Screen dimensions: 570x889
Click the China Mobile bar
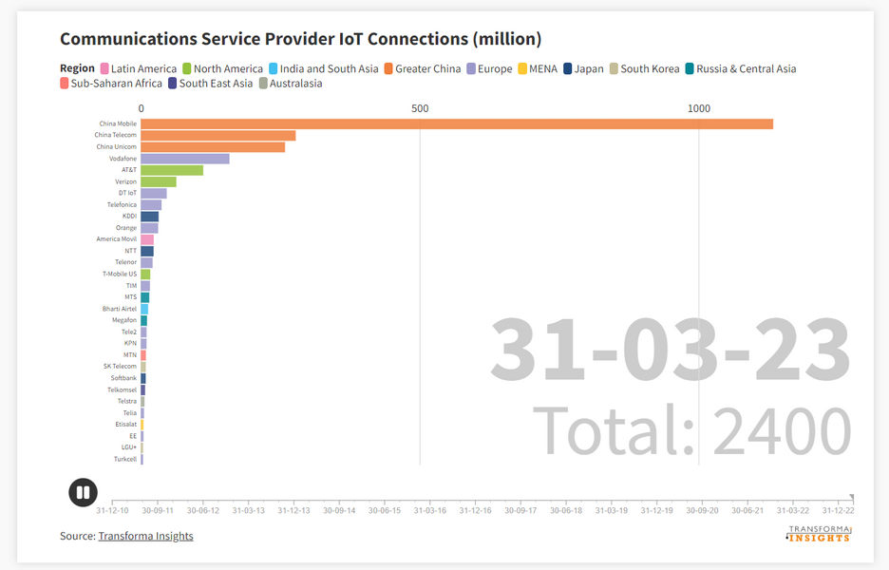pyautogui.click(x=456, y=123)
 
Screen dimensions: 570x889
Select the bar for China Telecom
pyautogui.click(x=218, y=135)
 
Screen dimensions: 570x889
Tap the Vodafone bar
pyautogui.click(x=185, y=159)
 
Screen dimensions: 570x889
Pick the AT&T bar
pyautogui.click(x=172, y=170)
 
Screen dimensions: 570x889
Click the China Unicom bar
pyautogui.click(x=213, y=147)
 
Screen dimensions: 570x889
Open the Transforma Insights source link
pyautogui.click(x=145, y=536)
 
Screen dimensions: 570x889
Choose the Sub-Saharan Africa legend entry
pyautogui.click(x=110, y=84)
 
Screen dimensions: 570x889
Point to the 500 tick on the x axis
pyautogui.click(x=420, y=108)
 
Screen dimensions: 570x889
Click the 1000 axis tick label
pyautogui.click(x=698, y=108)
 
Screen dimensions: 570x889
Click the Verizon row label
pyautogui.click(x=125, y=181)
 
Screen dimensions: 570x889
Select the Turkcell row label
pyautogui.click(x=125, y=459)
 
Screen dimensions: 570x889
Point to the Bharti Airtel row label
pyautogui.click(x=120, y=309)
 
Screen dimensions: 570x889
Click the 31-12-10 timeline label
pyautogui.click(x=112, y=510)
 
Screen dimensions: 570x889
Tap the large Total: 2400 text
pyautogui.click(x=690, y=431)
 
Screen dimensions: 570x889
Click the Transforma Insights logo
pyautogui.click(x=819, y=534)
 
